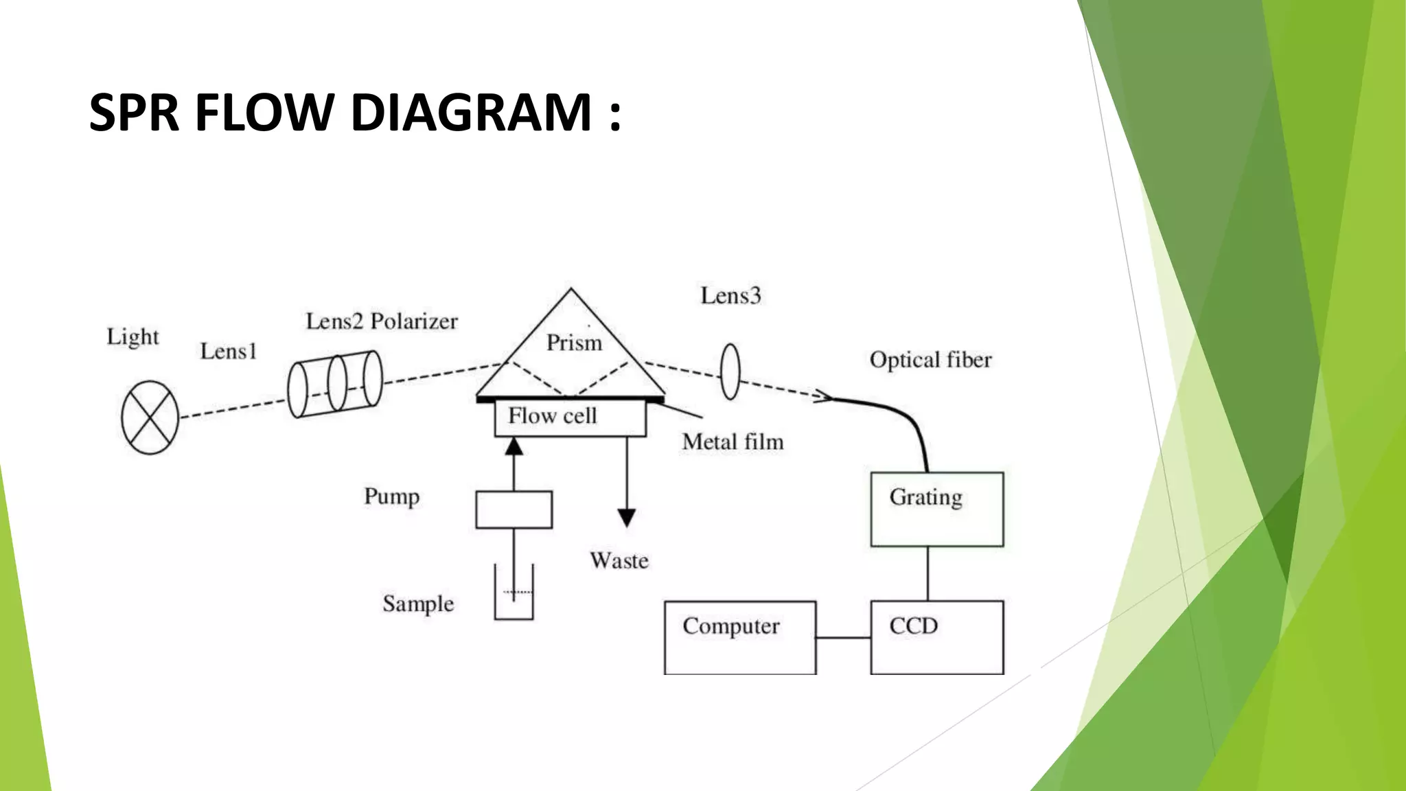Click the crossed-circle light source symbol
point(150,417)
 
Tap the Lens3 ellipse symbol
point(730,371)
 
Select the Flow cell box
point(570,418)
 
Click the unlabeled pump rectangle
point(514,509)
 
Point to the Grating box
point(936,509)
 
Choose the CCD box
point(936,637)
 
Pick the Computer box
point(739,637)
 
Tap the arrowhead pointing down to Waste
point(626,517)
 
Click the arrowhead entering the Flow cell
point(514,447)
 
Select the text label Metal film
point(733,442)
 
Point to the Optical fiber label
point(930,360)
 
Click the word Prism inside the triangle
point(574,343)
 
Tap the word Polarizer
point(414,321)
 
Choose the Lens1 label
point(228,352)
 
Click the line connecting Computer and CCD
point(843,637)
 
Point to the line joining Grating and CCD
point(927,573)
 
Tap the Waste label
point(619,561)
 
